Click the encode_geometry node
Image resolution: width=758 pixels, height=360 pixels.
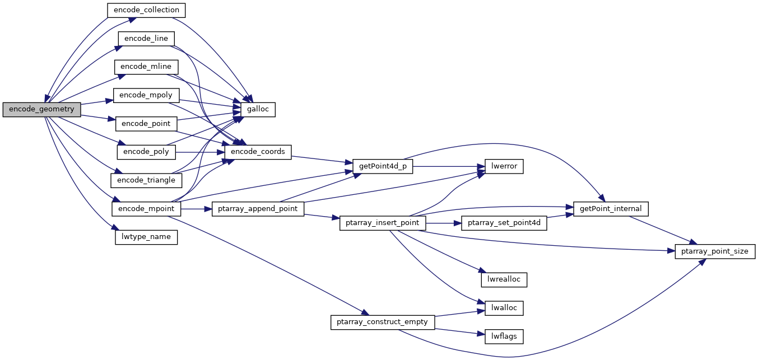tap(41, 109)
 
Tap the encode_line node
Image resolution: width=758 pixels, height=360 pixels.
tap(146, 39)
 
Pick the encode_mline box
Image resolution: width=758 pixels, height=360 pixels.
tap(146, 67)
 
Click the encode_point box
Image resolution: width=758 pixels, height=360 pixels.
tap(146, 123)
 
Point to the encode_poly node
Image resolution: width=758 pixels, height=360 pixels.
tap(146, 152)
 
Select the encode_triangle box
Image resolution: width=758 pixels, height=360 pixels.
tap(147, 180)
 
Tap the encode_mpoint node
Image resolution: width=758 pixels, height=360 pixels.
tap(147, 209)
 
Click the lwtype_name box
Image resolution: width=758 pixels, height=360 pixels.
tap(146, 237)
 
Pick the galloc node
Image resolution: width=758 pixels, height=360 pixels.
tap(258, 109)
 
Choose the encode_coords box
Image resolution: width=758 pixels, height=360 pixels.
tap(258, 152)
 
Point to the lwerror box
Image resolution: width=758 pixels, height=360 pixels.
tap(500, 166)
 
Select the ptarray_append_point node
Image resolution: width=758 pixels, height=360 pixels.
tap(258, 209)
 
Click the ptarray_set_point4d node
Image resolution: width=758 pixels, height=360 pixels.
tap(504, 223)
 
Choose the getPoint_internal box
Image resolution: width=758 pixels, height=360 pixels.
tap(611, 209)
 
